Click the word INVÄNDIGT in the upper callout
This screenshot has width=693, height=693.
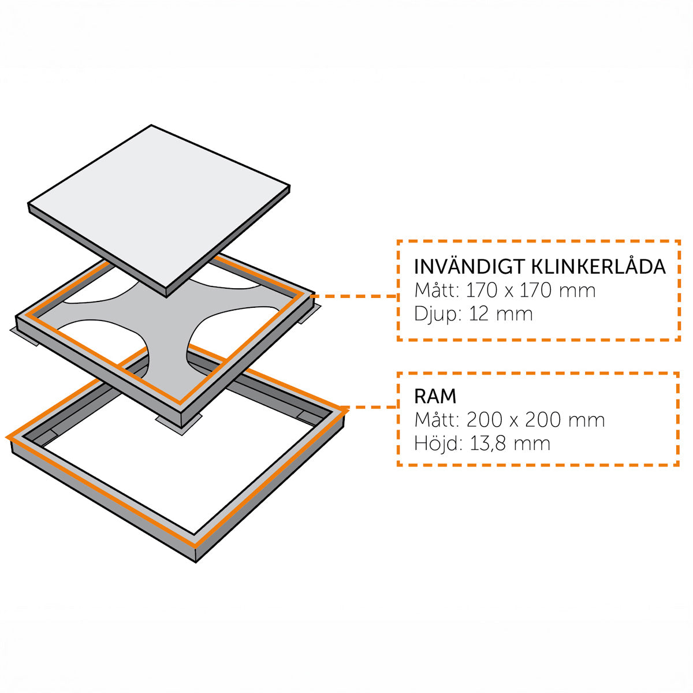pos(470,266)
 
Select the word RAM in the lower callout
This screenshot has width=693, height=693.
pos(435,396)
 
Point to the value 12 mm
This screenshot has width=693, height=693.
pos(501,314)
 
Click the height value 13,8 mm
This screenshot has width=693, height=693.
pos(510,444)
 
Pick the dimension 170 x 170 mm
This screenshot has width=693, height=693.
pos(531,290)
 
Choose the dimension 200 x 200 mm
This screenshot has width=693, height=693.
pos(536,420)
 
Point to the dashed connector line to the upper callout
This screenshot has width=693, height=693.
pos(353,296)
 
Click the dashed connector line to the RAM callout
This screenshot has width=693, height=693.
pos(370,408)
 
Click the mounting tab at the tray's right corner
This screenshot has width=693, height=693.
pos(310,314)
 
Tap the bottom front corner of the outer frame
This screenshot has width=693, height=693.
pos(195,562)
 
